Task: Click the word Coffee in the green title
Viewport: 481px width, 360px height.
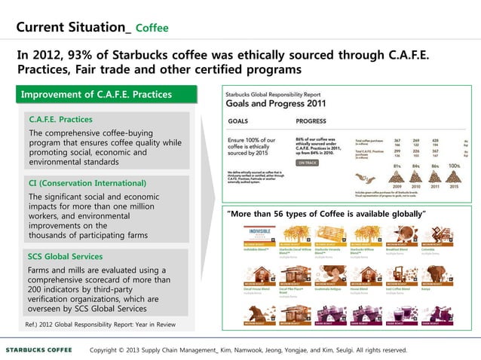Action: pyautogui.click(x=152, y=29)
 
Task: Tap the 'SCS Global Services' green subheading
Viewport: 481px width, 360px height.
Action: pyautogui.click(x=65, y=256)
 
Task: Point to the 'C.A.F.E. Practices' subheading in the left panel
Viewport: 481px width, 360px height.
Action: pyautogui.click(x=60, y=120)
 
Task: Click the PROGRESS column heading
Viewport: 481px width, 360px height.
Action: pyautogui.click(x=311, y=121)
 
